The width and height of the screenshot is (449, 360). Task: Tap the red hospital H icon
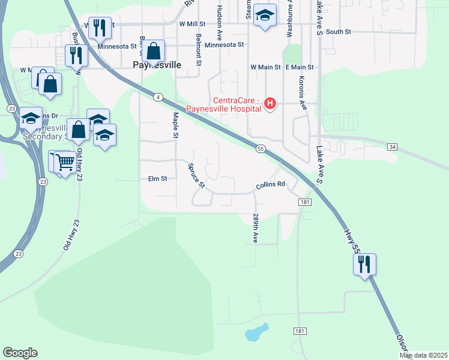(270, 104)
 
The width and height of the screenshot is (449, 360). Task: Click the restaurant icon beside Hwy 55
(364, 263)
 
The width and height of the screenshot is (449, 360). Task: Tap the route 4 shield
(158, 97)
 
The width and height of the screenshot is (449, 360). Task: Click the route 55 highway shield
(261, 148)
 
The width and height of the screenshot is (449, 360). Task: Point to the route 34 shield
(393, 146)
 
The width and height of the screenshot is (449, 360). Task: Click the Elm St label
(157, 179)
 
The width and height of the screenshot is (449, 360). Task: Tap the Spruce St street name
(196, 175)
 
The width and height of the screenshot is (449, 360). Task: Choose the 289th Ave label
(255, 228)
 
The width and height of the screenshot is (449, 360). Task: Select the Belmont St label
(197, 49)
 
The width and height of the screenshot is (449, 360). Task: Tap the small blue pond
(256, 332)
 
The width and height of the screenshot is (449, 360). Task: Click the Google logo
(20, 353)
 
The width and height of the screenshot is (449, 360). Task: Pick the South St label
(339, 32)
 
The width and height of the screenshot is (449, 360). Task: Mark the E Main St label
(300, 67)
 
